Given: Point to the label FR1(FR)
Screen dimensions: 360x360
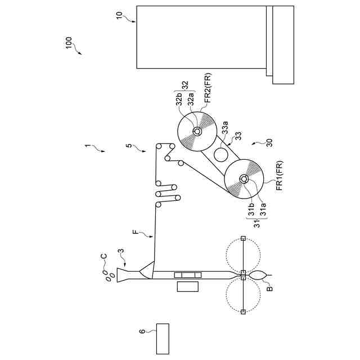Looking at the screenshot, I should [x=279, y=173].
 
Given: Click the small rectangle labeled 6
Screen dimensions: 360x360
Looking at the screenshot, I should [x=162, y=339].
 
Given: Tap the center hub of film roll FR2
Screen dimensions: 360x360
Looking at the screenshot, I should [x=197, y=132].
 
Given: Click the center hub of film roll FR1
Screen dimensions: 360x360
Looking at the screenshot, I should [x=245, y=179].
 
